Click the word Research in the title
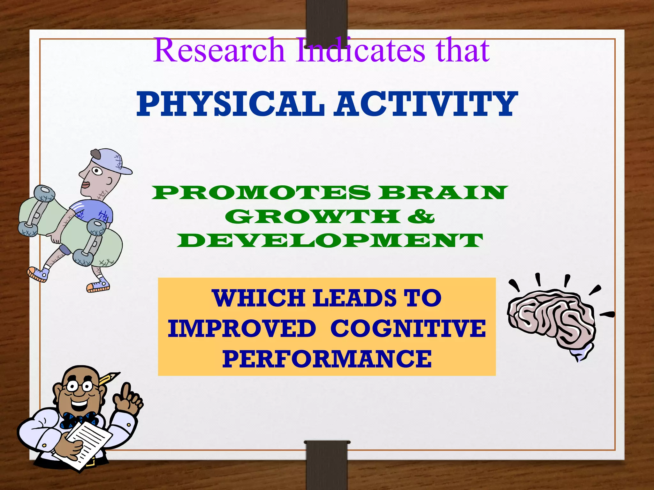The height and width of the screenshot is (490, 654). [x=219, y=50]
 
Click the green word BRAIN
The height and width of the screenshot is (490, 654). [x=443, y=193]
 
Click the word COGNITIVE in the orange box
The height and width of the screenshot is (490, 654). [x=408, y=329]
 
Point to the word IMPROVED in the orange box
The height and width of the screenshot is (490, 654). [x=242, y=329]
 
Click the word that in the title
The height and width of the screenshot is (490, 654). [x=462, y=50]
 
